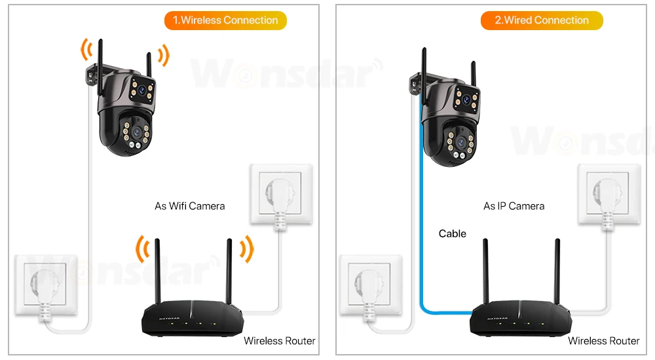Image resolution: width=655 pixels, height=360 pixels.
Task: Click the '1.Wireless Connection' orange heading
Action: point(225,20)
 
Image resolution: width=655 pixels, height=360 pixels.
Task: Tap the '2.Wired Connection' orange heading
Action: point(542,20)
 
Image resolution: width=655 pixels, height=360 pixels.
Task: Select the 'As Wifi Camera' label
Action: point(189,206)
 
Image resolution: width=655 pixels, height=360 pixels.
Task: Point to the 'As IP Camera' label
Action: point(514,206)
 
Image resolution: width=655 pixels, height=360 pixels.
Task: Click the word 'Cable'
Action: point(452,233)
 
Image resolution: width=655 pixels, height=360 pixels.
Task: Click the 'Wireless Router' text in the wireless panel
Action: point(279,340)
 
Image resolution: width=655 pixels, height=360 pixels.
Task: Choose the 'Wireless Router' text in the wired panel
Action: point(603,340)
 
